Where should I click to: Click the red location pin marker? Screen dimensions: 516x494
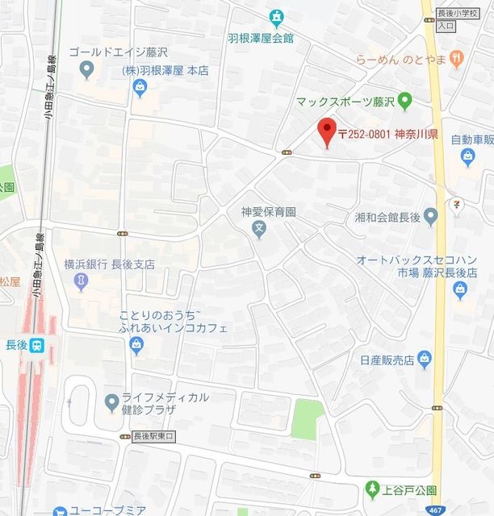click(326, 131)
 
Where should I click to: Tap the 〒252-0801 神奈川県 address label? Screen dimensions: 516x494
click(387, 134)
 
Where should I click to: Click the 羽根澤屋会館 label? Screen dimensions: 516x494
click(260, 37)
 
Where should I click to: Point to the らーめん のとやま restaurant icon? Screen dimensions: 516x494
click(457, 57)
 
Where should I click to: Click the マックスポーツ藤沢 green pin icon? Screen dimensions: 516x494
click(405, 102)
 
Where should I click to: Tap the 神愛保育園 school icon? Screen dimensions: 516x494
click(259, 231)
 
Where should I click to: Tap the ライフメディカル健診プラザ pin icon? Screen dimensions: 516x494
click(111, 401)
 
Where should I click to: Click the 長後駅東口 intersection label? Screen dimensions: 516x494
click(153, 436)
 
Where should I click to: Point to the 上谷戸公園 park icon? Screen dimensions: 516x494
click(372, 488)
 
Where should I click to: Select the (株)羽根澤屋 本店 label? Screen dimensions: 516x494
click(165, 71)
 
